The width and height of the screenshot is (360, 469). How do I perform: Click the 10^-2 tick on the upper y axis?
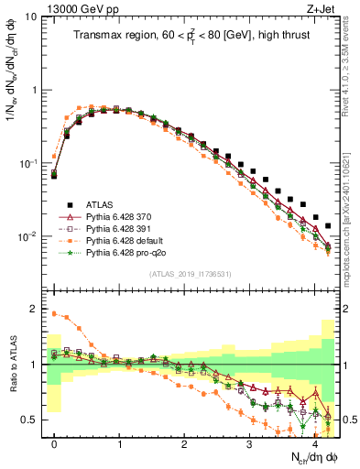coord(27,236)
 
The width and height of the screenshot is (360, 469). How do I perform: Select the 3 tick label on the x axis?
coord(249,443)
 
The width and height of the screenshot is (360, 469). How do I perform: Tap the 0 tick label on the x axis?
coord(55,443)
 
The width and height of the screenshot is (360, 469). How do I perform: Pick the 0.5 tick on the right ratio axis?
coord(347,420)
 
